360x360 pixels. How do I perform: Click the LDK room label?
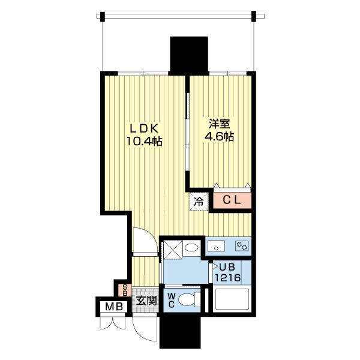coord(144,128)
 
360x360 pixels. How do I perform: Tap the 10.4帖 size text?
coord(145,142)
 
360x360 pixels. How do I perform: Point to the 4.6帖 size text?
coord(219,137)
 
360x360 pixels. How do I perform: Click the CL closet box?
coord(232,200)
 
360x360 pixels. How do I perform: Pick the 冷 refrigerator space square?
coord(199,202)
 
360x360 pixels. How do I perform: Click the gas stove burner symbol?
coord(242,245)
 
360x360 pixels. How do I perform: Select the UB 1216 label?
coord(227,272)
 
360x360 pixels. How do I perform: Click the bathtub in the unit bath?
coord(231,299)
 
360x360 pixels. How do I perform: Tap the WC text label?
coord(172,300)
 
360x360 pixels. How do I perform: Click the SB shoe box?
coord(125,290)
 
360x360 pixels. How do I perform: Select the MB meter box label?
coord(114,307)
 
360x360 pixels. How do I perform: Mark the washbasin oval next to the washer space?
coord(191,247)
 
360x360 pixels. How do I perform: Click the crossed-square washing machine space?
coord(173,250)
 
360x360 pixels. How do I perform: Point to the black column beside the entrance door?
coord(180,330)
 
